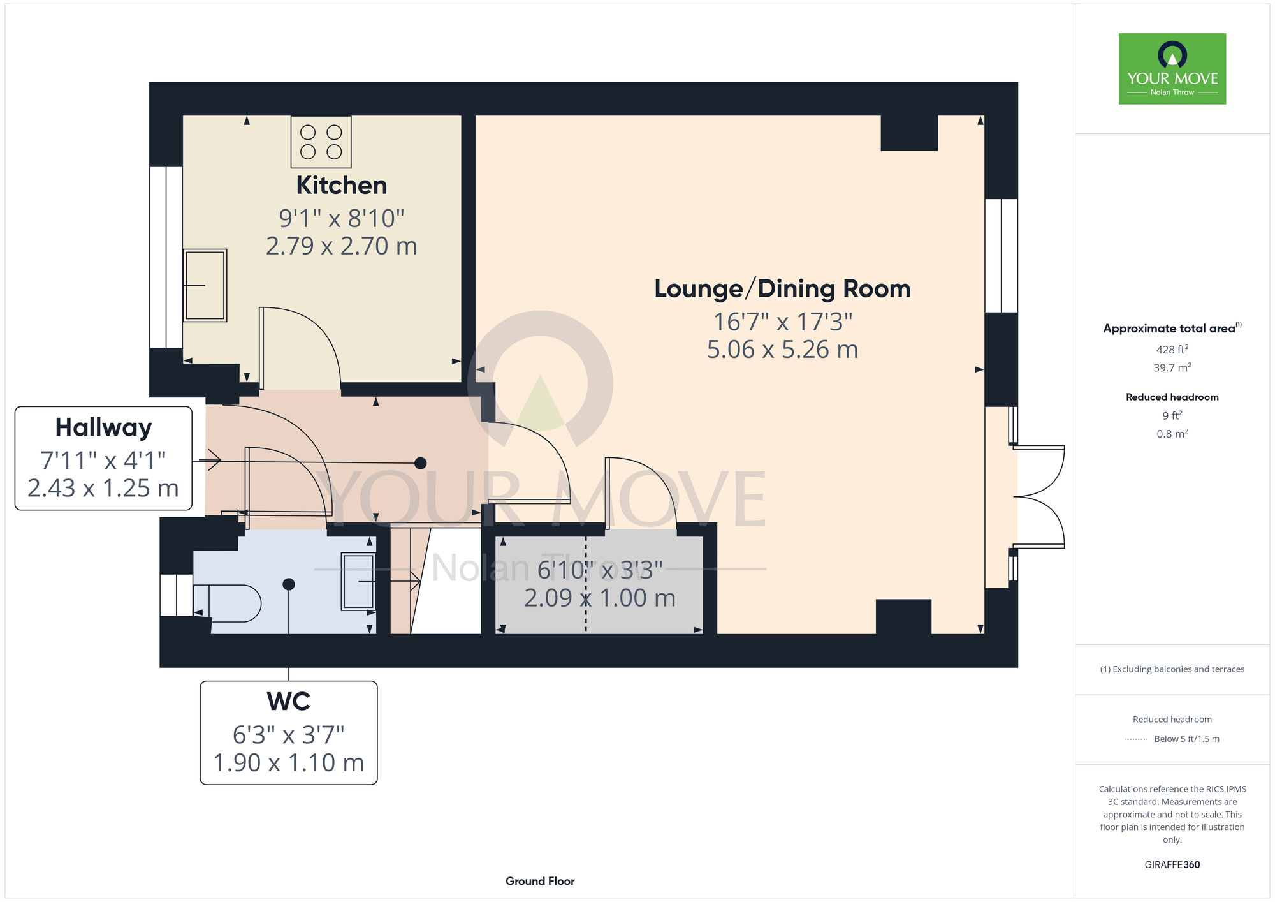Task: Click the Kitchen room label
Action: [x=342, y=186]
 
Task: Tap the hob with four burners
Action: [x=321, y=142]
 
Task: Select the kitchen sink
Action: [x=205, y=285]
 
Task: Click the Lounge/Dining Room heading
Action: [x=782, y=289]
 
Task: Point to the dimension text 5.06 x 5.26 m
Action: [x=782, y=350]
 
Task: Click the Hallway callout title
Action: [x=103, y=428]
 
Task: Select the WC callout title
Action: [x=289, y=702]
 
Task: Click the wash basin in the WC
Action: [x=358, y=581]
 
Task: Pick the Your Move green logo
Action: [x=1172, y=69]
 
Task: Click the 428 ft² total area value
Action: [x=1172, y=349]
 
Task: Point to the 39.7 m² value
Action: [x=1172, y=367]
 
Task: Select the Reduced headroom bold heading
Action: [x=1172, y=397]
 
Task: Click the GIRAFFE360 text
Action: [x=1172, y=865]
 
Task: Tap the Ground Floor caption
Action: [x=540, y=881]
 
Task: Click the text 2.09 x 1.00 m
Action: [x=600, y=598]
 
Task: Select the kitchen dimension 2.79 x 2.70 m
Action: [x=342, y=246]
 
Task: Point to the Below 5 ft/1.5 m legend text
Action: [x=1186, y=739]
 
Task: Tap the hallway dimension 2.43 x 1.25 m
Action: [x=103, y=488]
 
